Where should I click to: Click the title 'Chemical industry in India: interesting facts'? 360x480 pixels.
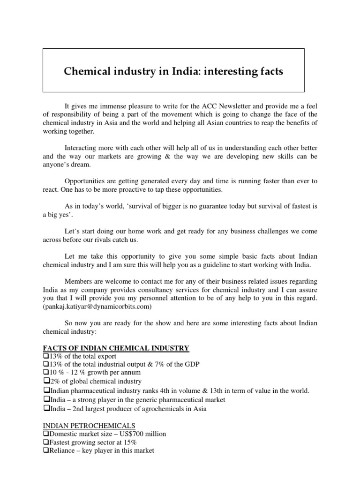pos(173,72)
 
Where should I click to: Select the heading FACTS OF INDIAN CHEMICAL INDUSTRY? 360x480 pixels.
pos(116,348)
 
